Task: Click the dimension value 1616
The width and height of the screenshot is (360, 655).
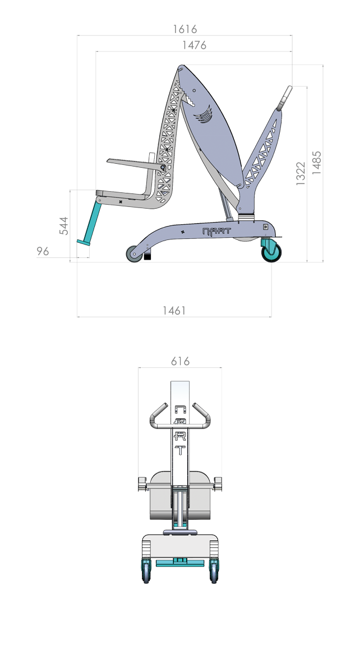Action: pos(184,29)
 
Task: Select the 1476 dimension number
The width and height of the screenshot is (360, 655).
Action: pos(194,45)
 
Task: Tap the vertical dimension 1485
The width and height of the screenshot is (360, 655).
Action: pos(317,163)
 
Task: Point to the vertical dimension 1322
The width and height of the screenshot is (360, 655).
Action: pos(301,174)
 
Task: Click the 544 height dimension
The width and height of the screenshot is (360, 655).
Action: pos(64,225)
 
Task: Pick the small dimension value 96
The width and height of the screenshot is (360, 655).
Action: pos(43,252)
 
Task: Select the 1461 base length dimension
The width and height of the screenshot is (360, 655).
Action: pos(174,310)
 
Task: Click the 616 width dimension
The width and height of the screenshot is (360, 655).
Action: pos(180,361)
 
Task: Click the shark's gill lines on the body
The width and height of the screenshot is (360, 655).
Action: pos(204,117)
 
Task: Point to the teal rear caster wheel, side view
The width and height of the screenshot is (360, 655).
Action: pos(272,252)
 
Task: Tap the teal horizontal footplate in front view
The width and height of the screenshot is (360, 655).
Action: pos(179,563)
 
